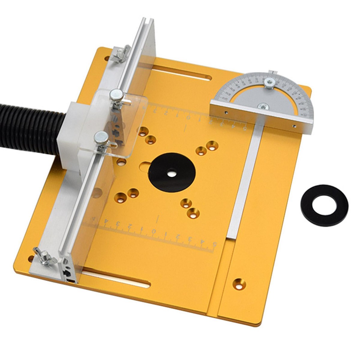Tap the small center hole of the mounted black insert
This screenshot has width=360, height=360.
(x=172, y=173)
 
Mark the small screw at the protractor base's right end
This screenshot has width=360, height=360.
(x=295, y=126)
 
